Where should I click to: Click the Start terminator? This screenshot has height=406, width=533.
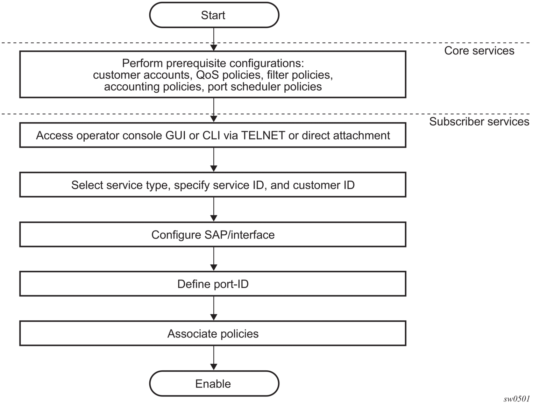coord(214,15)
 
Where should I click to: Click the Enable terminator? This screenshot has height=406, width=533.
coord(214,384)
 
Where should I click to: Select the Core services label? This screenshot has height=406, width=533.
coord(479,51)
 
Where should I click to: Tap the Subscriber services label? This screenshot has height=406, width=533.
coord(479,121)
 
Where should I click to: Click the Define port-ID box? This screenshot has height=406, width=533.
coord(213,284)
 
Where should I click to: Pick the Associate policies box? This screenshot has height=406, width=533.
coord(213,333)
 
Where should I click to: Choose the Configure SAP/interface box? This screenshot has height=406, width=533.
coord(213,234)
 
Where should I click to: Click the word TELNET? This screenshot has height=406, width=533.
coord(263,135)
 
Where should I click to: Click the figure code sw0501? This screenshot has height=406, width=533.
coord(517,399)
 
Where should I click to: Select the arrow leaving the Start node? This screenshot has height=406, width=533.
coord(214,39)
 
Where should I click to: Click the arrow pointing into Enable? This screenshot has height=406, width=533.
coord(214,358)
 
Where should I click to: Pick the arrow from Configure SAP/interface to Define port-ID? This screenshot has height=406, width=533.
coord(214,259)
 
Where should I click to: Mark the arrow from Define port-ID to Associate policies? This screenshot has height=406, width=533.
coord(214,308)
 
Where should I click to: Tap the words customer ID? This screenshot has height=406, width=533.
coord(324,185)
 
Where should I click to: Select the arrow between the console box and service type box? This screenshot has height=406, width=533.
coord(214,160)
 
